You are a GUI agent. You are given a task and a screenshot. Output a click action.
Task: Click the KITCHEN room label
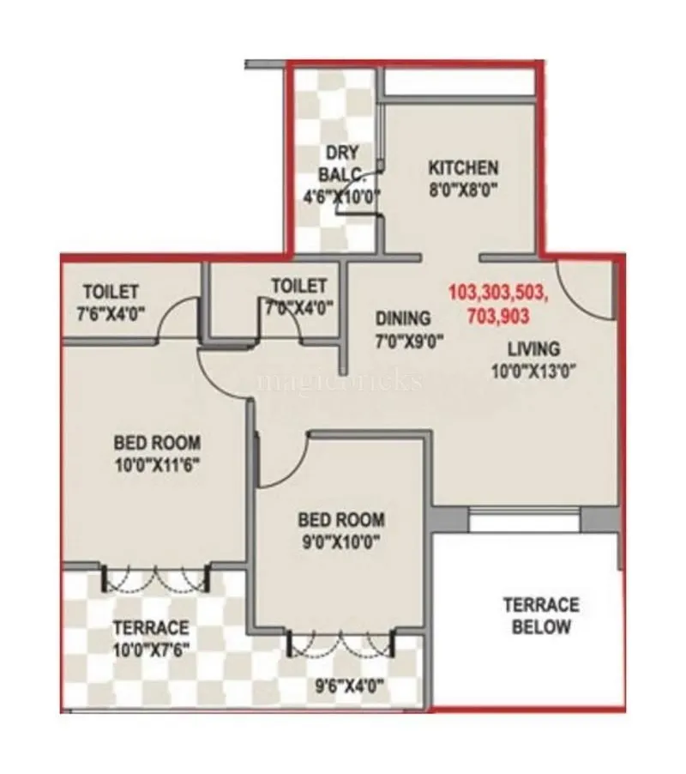point(463,166)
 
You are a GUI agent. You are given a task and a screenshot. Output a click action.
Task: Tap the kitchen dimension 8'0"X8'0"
point(463,190)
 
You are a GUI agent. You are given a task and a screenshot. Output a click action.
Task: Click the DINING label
point(402,319)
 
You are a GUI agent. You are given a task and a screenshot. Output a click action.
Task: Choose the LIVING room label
point(533,348)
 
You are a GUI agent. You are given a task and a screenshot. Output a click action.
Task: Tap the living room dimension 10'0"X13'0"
point(533,372)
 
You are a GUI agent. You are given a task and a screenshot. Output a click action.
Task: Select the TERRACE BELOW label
point(540,615)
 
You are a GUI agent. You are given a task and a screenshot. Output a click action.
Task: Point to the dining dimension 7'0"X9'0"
point(409,342)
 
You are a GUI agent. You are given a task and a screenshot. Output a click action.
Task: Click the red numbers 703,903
point(498,315)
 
